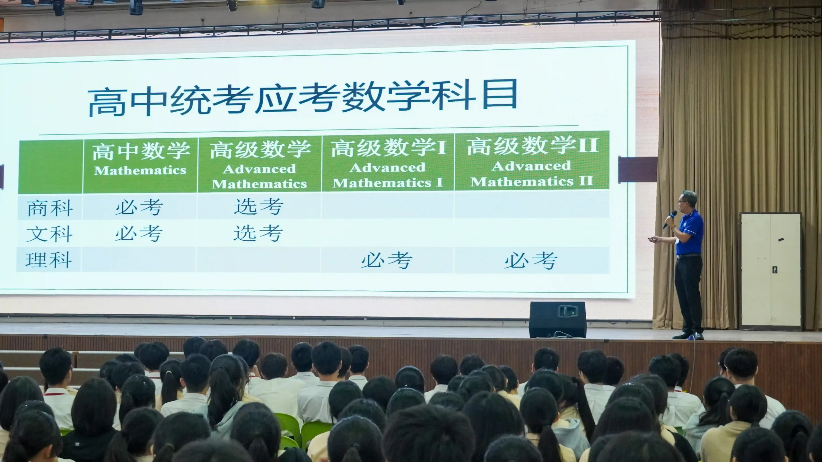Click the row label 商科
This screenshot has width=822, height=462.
click(x=50, y=208)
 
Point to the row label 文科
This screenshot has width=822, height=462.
click(x=49, y=234)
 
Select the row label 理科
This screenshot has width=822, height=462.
click(x=48, y=260)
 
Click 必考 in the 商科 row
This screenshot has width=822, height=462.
click(x=139, y=207)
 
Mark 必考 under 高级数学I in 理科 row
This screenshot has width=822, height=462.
click(x=387, y=260)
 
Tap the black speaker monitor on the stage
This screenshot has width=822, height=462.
click(x=557, y=319)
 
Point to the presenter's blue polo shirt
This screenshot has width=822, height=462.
click(x=689, y=233)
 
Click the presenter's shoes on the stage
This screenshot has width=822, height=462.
click(x=688, y=336)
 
